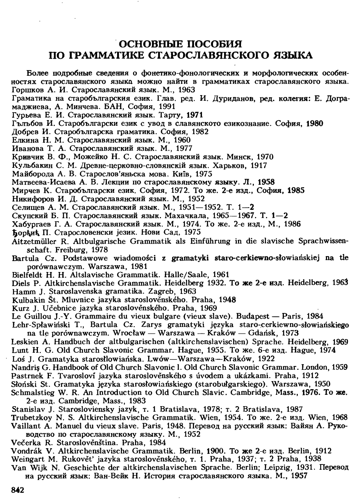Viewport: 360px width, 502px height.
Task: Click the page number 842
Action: click(18, 490)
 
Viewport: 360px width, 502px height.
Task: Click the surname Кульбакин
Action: click(30, 165)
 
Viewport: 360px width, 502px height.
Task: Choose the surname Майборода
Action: click(30, 174)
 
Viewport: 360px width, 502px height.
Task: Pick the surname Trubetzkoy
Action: click(30, 417)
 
